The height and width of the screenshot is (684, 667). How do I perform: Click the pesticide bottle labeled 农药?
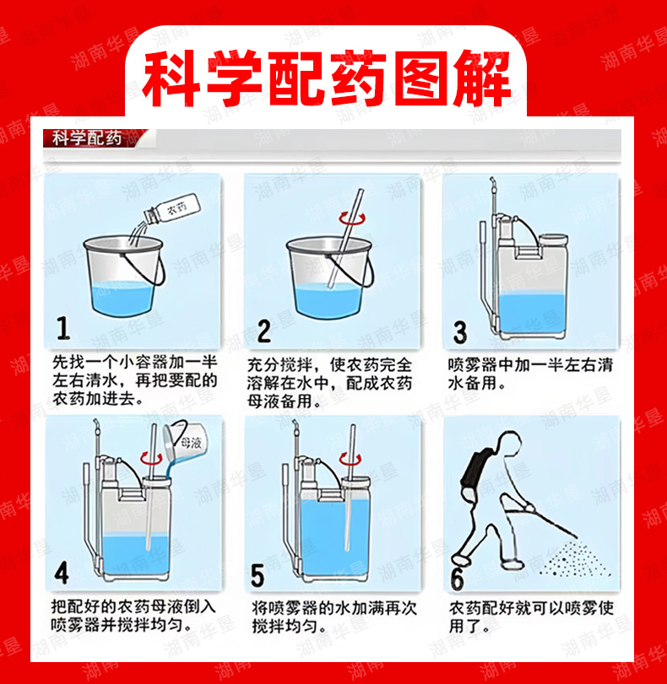pyautogui.click(x=172, y=207)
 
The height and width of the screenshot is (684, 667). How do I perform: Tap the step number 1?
pyautogui.click(x=63, y=328)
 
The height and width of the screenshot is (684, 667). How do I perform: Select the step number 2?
pyautogui.click(x=263, y=331)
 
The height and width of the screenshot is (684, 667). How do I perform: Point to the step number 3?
pyautogui.click(x=460, y=332)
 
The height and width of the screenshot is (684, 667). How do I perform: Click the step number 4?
pyautogui.click(x=62, y=573)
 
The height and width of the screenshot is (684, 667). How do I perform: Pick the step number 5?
pyautogui.click(x=258, y=575)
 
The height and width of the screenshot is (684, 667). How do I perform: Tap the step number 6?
pyautogui.click(x=457, y=579)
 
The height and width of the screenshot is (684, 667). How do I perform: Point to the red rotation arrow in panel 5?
pyautogui.click(x=350, y=459)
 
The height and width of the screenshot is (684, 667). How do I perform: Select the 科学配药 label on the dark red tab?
pyautogui.click(x=86, y=138)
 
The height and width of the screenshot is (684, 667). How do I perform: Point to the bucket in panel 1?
pyautogui.click(x=124, y=275)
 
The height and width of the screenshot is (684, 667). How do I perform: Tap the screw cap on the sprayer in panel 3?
pyautogui.click(x=553, y=240)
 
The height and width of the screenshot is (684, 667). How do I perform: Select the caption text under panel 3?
pyautogui.click(x=530, y=374)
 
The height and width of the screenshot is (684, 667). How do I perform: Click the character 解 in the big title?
pyautogui.click(x=483, y=79)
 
